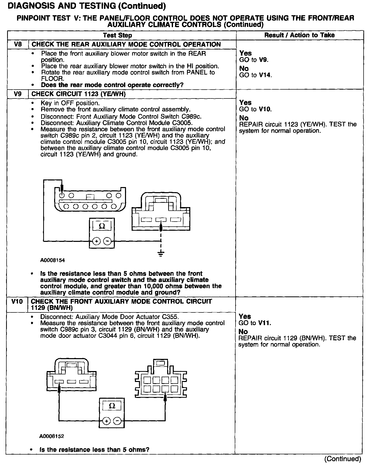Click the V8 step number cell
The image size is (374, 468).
(x=18, y=44)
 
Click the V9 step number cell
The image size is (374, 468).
(x=18, y=94)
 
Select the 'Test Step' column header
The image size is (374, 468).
(x=117, y=35)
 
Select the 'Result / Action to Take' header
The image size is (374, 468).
(x=299, y=35)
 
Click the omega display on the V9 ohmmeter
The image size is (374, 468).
(x=102, y=226)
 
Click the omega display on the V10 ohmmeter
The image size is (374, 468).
(x=112, y=406)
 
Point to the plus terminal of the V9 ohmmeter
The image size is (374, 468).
(x=96, y=241)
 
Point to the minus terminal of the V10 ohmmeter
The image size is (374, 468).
(x=117, y=421)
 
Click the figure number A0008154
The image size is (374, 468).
(x=52, y=260)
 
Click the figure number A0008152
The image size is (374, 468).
(x=52, y=436)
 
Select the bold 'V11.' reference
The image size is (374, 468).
(x=264, y=323)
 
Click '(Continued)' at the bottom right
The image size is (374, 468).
(x=342, y=459)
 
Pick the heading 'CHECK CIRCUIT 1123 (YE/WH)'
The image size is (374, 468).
(x=79, y=94)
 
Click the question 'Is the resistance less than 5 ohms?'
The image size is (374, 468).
(x=94, y=449)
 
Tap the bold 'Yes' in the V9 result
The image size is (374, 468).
(x=245, y=103)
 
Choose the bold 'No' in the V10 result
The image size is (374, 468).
(x=243, y=332)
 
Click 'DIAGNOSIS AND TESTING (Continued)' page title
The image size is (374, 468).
(x=87, y=6)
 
